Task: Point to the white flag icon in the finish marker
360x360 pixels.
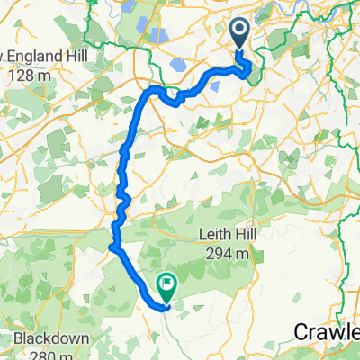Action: tap(168, 283)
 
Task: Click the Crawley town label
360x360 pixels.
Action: tap(328, 332)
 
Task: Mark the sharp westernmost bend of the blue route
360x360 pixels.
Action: tap(112, 246)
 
